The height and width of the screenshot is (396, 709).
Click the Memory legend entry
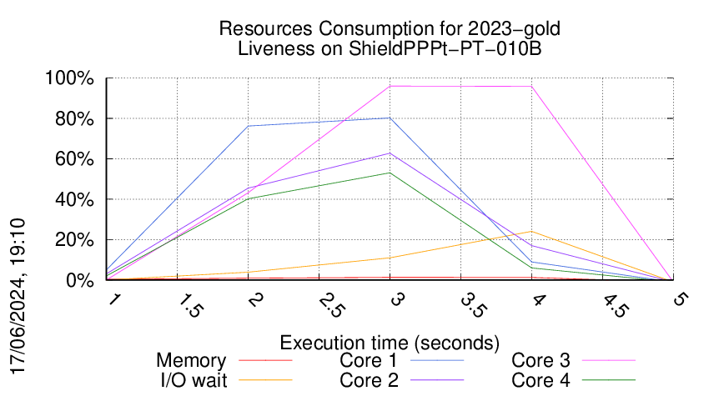pyautogui.click(x=191, y=361)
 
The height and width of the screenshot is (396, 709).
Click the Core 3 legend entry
pyautogui.click(x=541, y=361)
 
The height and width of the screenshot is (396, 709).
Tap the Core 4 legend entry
pyautogui.click(x=541, y=379)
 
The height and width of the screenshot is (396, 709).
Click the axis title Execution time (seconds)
pyautogui.click(x=390, y=342)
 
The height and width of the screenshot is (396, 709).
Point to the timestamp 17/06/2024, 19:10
pyautogui.click(x=18, y=296)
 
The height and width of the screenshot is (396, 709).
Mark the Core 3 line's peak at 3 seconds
pyautogui.click(x=390, y=86)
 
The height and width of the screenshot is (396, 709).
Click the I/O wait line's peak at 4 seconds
pyautogui.click(x=531, y=232)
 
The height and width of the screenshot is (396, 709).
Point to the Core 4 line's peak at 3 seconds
pyautogui.click(x=390, y=173)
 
